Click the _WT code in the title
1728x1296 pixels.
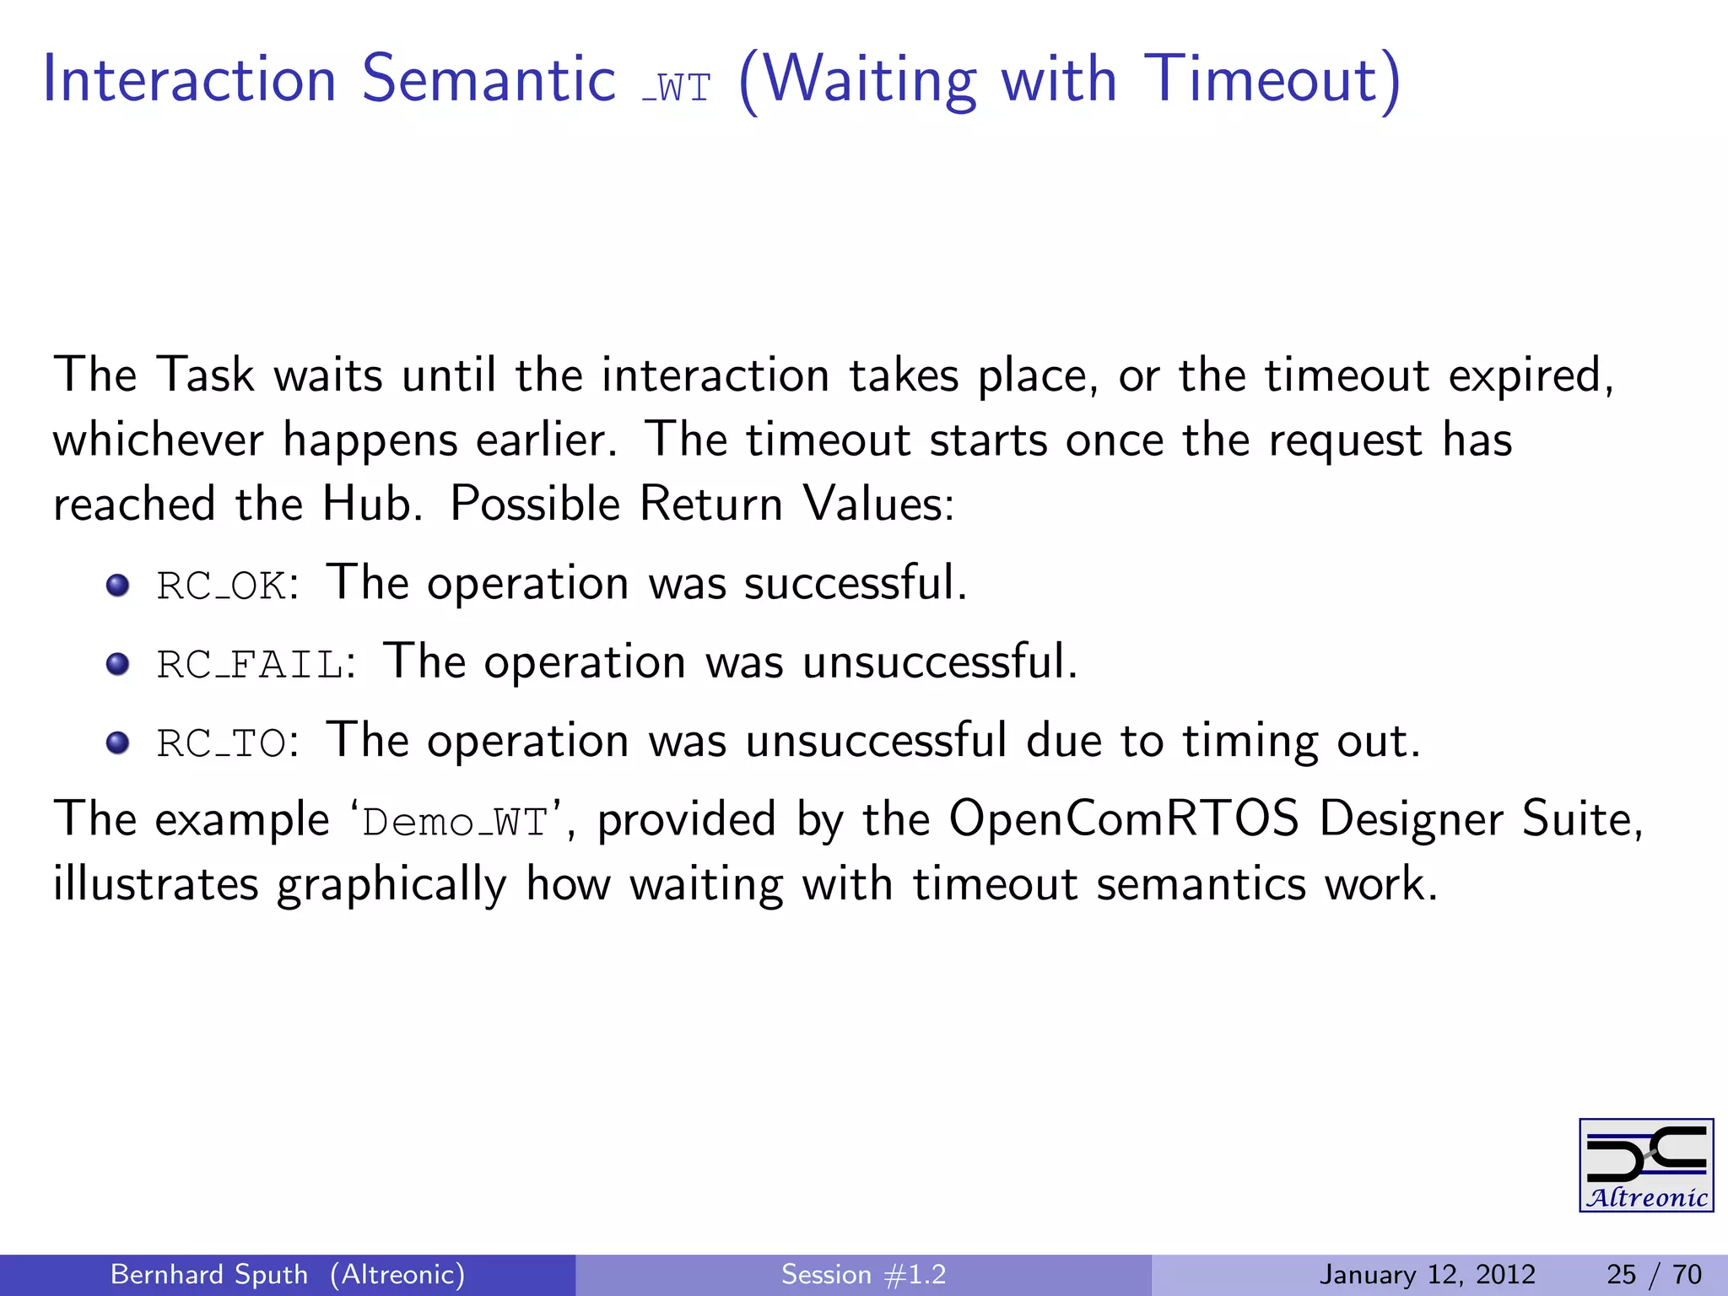coord(677,87)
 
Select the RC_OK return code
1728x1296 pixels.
coord(221,586)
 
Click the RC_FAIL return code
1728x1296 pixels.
coord(250,664)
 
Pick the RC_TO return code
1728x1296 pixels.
coord(221,743)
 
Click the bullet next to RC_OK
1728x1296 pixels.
coord(117,585)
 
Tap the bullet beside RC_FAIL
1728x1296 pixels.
coord(117,664)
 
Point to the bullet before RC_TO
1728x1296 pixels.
coord(117,742)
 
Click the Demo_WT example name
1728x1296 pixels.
coord(455,823)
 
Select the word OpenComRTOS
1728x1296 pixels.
coord(1123,818)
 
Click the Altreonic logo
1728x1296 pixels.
coord(1645,1165)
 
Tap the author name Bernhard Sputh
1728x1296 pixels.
coord(208,1274)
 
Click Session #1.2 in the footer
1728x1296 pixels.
coord(863,1274)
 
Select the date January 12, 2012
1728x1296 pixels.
coord(1427,1274)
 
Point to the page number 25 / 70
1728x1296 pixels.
coord(1654,1274)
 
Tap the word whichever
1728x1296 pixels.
coord(158,440)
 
